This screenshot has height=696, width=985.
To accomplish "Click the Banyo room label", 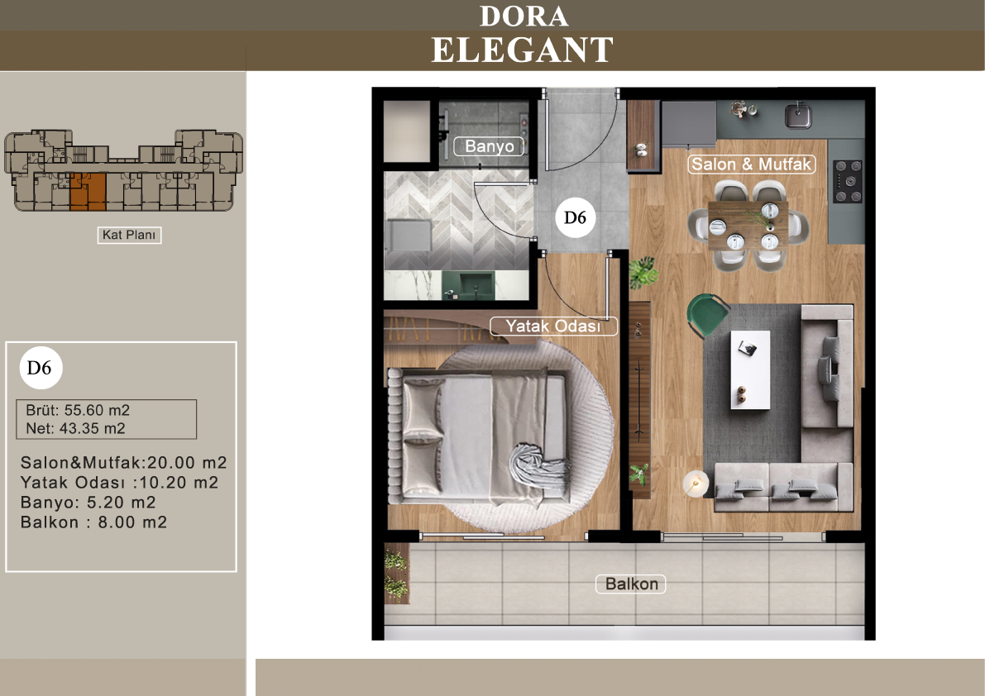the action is click(x=489, y=146).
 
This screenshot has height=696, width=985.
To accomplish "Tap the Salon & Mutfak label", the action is click(x=751, y=164).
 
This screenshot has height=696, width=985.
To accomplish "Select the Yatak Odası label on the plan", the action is click(x=552, y=326).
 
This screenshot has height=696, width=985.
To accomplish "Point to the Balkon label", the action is click(x=631, y=584).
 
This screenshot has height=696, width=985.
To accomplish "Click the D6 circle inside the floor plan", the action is click(x=575, y=217).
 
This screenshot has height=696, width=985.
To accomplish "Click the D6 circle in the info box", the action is click(x=41, y=367).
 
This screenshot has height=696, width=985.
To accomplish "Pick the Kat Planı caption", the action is click(x=129, y=235).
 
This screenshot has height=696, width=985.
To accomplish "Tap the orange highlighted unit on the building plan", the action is click(x=88, y=191).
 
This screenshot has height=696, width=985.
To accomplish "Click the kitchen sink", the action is click(x=798, y=116).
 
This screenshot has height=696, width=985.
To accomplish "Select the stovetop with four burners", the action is click(x=848, y=181).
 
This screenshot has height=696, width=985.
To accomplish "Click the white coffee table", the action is click(x=750, y=370).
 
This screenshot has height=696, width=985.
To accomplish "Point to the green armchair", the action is click(x=708, y=315).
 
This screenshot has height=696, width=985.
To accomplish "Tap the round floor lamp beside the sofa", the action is click(x=696, y=484).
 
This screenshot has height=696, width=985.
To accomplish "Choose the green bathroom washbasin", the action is click(x=467, y=286).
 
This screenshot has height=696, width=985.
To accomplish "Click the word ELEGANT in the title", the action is click(x=522, y=50).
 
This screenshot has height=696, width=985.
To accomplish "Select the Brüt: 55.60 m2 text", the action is click(x=78, y=410).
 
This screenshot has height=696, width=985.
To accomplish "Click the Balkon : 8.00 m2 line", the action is click(x=93, y=522).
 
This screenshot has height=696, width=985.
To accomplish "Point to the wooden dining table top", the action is click(x=748, y=226).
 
